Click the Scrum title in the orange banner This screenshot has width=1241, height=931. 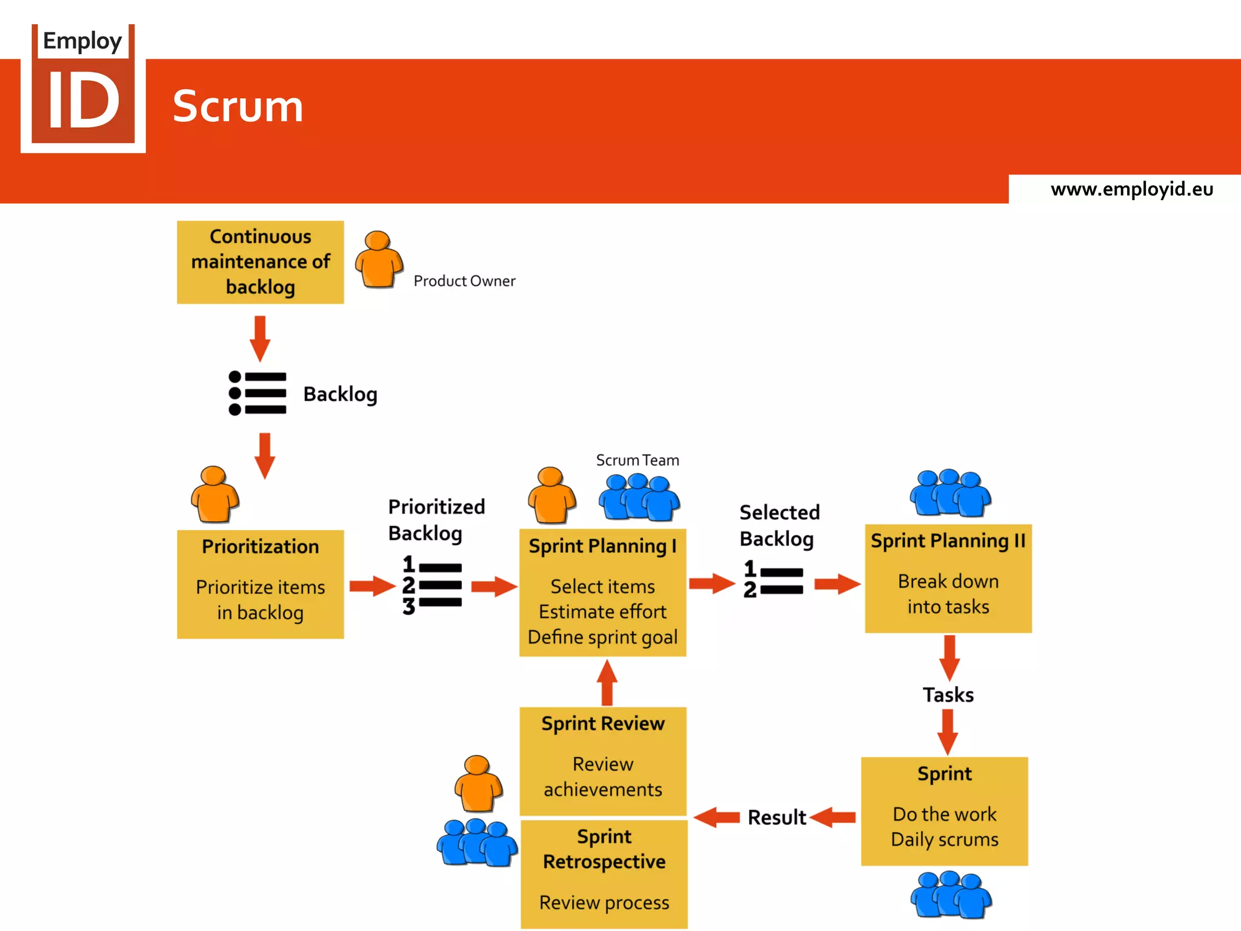click(238, 107)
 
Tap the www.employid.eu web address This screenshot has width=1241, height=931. click(1131, 189)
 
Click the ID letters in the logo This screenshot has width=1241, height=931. click(84, 101)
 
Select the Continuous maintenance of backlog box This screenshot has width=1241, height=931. click(260, 262)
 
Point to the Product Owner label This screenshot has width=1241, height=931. click(464, 281)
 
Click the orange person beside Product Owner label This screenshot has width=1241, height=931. click(379, 259)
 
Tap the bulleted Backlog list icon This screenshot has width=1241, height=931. click(258, 393)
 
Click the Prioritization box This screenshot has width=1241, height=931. click(260, 584)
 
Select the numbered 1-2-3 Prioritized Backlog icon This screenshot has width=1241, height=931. click(432, 585)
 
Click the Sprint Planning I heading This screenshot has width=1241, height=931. click(602, 546)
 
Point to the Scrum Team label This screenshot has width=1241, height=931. click(637, 461)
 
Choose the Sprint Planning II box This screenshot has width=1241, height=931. click(948, 578)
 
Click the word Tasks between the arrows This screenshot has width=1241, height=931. click(948, 695)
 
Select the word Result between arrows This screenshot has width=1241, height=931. click(776, 818)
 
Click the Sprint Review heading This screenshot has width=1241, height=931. click(603, 724)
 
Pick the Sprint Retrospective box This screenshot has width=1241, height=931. click(604, 873)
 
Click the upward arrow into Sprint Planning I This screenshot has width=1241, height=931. click(607, 682)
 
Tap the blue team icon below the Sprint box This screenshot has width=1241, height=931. click(950, 895)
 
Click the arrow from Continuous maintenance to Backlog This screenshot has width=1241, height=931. click(260, 338)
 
